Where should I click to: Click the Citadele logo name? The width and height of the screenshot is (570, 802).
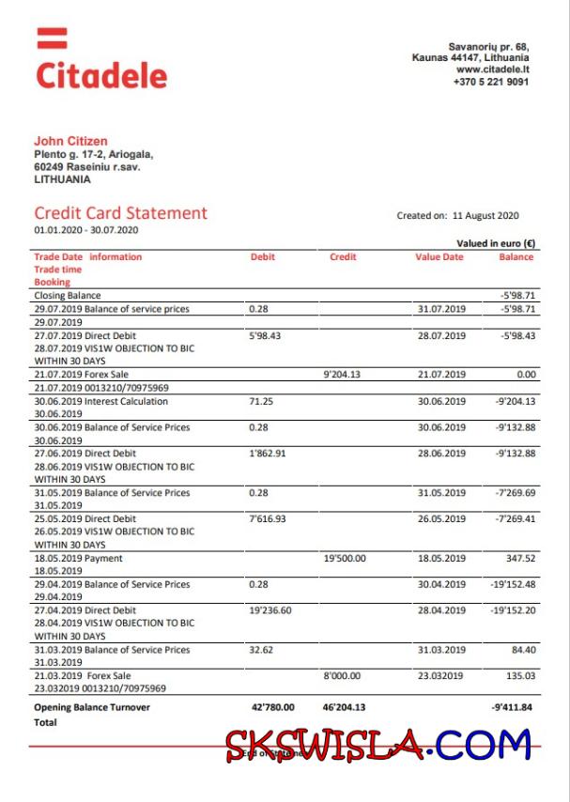pyautogui.click(x=101, y=75)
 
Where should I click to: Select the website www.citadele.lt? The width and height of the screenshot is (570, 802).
pyautogui.click(x=492, y=69)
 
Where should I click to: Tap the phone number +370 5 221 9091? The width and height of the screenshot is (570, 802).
pyautogui.click(x=490, y=82)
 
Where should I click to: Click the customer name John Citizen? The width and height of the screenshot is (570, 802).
pyautogui.click(x=70, y=142)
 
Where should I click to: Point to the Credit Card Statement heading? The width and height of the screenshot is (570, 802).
pyautogui.click(x=120, y=213)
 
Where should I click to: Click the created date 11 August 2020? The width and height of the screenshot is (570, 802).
pyautogui.click(x=485, y=216)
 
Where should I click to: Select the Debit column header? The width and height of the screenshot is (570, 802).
pyautogui.click(x=262, y=257)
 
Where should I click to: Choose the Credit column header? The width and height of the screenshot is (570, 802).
pyautogui.click(x=343, y=257)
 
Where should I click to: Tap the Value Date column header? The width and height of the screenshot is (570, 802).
pyautogui.click(x=439, y=257)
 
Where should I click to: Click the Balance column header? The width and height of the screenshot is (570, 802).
pyautogui.click(x=516, y=257)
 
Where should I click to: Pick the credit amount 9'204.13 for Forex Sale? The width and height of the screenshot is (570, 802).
pyautogui.click(x=345, y=375)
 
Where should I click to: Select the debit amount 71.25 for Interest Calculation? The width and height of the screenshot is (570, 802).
pyautogui.click(x=260, y=401)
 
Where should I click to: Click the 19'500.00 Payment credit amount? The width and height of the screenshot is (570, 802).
pyautogui.click(x=345, y=559)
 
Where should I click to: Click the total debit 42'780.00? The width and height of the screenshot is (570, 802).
pyautogui.click(x=273, y=707)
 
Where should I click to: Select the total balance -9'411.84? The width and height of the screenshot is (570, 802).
pyautogui.click(x=512, y=707)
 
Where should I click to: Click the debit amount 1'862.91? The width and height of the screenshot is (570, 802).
pyautogui.click(x=268, y=454)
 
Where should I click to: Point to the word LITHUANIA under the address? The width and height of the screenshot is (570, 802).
pyautogui.click(x=62, y=178)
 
